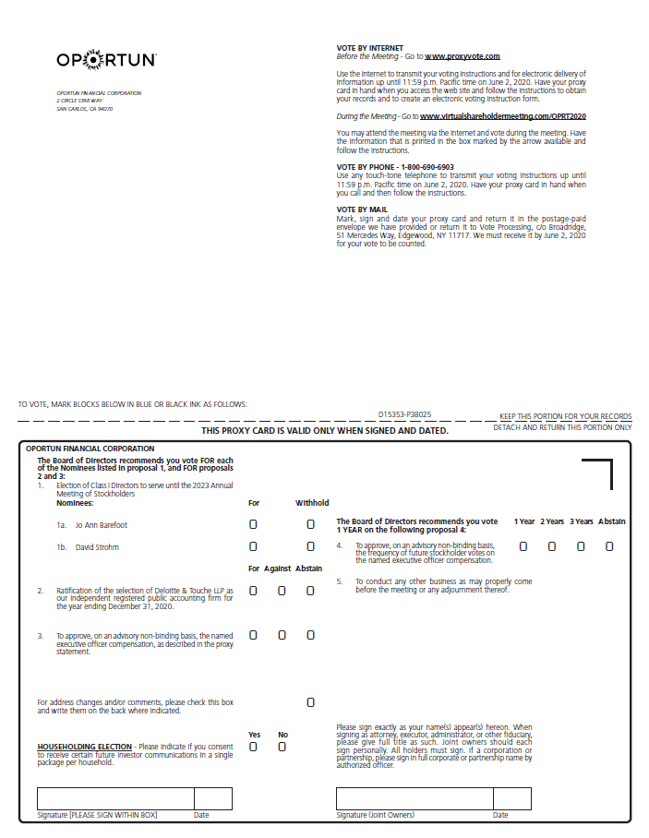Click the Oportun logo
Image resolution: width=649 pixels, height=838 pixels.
[106, 60]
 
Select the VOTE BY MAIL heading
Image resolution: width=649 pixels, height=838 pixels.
[362, 209]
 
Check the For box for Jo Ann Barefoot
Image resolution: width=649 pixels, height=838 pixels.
[253, 523]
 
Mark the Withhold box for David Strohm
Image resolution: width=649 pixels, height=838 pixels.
[310, 547]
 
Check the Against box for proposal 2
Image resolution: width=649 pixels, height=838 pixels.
[282, 591]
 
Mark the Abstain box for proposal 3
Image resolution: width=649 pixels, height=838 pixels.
[310, 635]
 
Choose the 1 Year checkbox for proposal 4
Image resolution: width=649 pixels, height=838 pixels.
[523, 546]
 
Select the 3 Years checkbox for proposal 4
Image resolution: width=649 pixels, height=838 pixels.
[581, 546]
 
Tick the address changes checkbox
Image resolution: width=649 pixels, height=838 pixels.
[310, 702]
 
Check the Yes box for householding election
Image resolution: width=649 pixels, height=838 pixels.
[253, 747]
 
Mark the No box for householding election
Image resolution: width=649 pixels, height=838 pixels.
[282, 747]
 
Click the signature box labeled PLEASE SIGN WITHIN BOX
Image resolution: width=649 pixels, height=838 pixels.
[115, 798]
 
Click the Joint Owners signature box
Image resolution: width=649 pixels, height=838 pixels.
[415, 798]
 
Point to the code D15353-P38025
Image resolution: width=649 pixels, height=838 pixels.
[404, 415]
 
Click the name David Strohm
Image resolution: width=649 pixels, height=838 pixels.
[96, 547]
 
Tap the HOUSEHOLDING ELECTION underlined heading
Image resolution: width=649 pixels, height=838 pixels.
[84, 747]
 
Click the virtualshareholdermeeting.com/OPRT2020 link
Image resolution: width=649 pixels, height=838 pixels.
[502, 117]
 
